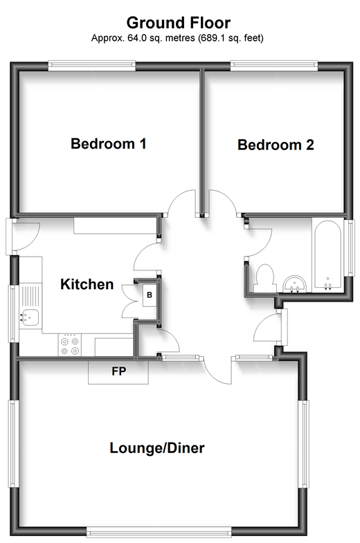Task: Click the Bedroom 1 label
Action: point(109,145)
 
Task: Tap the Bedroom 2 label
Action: point(276,145)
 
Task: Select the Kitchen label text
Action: point(87,284)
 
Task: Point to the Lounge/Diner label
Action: point(157,448)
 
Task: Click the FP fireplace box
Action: point(118,372)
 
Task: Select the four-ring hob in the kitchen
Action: point(70,344)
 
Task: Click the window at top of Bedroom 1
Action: point(91,66)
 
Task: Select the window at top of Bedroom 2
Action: point(275,66)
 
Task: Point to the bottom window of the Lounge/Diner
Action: point(158,532)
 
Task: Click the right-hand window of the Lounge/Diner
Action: point(303,443)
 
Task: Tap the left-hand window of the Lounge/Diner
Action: point(12,443)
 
